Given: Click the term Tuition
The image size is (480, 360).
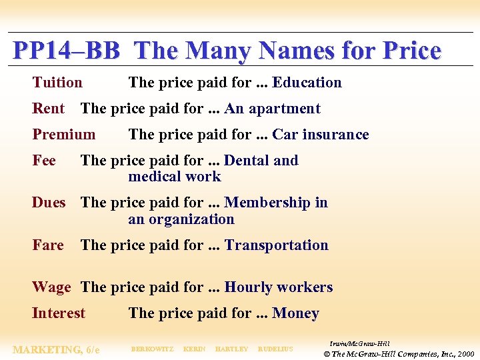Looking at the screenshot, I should coord(57,83).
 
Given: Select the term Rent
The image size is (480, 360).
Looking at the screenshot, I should coord(49,109).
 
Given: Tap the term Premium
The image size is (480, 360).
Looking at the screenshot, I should coord(64,135).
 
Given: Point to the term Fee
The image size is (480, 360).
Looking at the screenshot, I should coord(44,161).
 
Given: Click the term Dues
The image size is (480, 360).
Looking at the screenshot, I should coord(49,203).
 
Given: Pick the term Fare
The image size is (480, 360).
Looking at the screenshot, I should coord(48,245).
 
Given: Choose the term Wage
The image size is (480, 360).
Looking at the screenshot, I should coord(51,287).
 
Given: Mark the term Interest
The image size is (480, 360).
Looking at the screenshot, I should coord(59,313).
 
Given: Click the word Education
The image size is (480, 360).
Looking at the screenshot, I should coord(307,83).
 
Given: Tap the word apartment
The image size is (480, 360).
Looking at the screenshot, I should coord(285,109).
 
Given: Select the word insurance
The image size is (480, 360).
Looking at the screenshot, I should coord(335,135).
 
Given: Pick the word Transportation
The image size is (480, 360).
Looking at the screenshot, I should coord(277,245).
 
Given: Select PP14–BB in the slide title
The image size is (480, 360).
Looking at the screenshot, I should coord(66,51).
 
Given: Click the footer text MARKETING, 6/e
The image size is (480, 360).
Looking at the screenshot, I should coord(56,349).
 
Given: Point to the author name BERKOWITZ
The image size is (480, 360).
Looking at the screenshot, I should coord(152,349).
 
